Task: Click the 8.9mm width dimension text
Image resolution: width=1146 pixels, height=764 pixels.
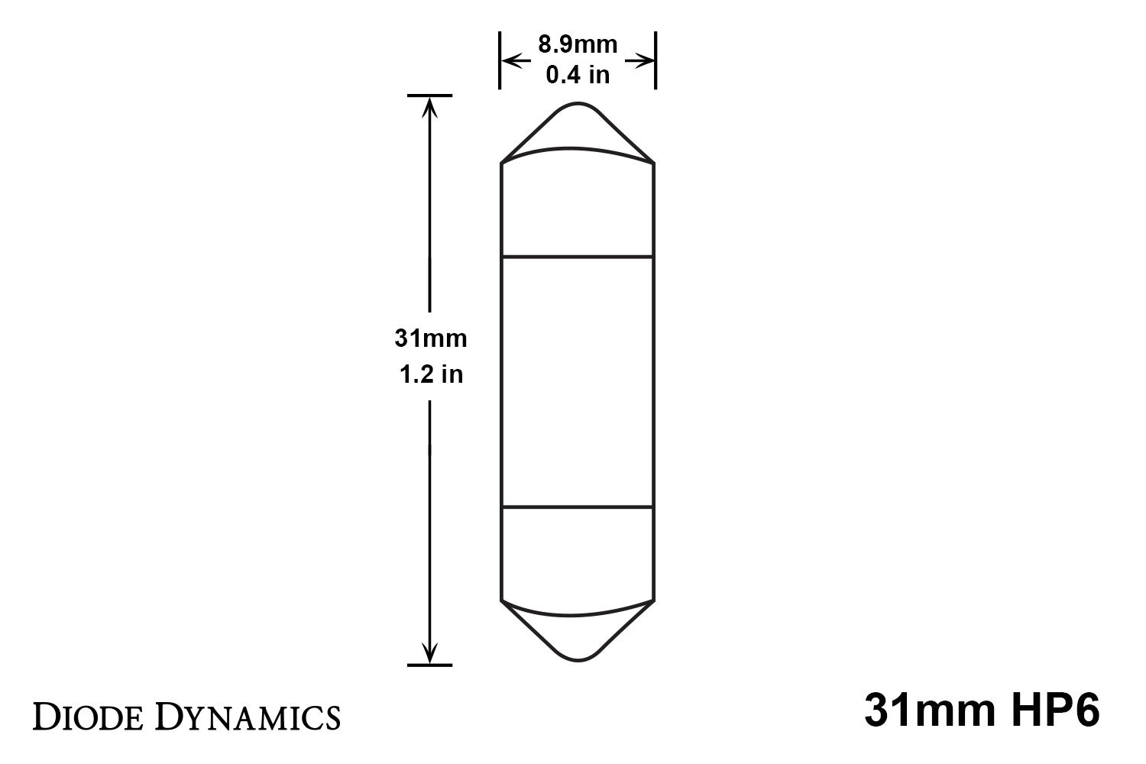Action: click(x=578, y=45)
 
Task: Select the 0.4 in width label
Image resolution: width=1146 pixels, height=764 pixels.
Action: click(x=578, y=75)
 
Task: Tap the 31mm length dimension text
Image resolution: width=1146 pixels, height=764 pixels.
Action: click(x=430, y=338)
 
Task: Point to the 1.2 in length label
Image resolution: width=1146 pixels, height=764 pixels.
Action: click(x=432, y=374)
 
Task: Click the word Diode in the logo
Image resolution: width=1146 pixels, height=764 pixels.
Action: click(x=90, y=717)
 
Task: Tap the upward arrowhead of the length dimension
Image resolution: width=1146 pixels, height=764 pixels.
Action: click(x=430, y=107)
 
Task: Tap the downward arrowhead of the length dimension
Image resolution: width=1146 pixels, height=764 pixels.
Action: click(x=430, y=654)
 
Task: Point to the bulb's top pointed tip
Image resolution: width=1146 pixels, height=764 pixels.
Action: click(x=578, y=105)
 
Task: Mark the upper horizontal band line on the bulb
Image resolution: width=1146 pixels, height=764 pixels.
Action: click(x=578, y=257)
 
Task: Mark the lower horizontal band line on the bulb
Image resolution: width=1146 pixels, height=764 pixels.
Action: click(x=578, y=507)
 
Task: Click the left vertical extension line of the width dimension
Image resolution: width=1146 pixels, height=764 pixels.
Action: click(x=500, y=60)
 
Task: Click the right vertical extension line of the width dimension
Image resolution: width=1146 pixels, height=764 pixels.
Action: click(x=656, y=60)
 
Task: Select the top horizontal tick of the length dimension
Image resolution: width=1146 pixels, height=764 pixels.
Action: click(x=430, y=95)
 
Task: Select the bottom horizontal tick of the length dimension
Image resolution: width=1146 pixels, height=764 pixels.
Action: click(x=430, y=665)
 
